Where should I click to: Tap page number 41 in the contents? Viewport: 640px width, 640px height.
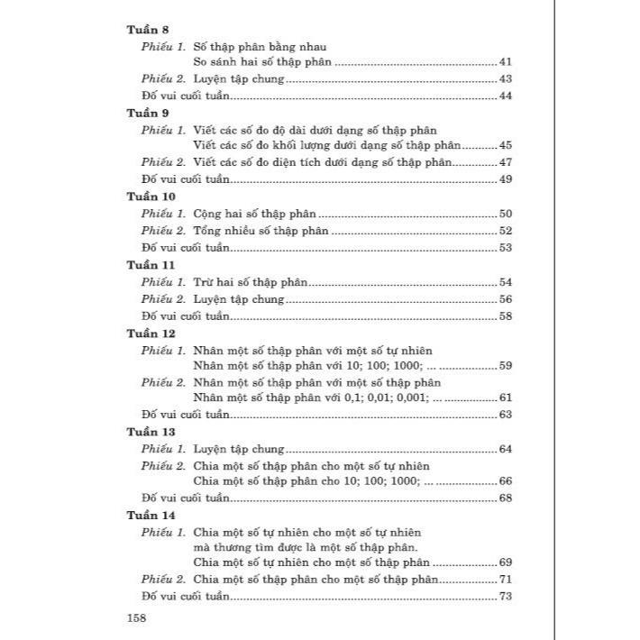[x=505, y=62]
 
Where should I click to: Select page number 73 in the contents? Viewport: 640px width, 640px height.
[x=505, y=597]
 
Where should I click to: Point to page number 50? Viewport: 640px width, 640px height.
[x=505, y=215]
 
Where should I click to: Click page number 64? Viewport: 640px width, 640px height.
[x=505, y=449]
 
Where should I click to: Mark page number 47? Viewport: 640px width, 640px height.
[x=505, y=162]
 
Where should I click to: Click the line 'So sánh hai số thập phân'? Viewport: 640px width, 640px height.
[x=262, y=62]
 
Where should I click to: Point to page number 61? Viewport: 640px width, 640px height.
[x=505, y=398]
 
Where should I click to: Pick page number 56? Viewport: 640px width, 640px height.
[x=505, y=299]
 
